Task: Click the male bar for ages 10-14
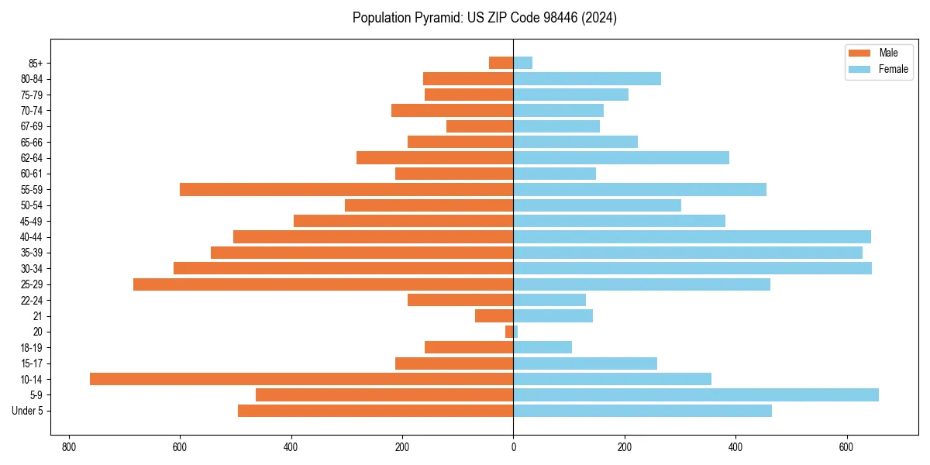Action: (x=301, y=379)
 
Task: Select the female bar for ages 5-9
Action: (x=696, y=394)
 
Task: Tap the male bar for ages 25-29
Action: (x=323, y=284)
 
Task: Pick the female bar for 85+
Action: (x=523, y=63)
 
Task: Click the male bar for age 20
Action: (x=509, y=332)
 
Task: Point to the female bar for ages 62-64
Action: (x=621, y=157)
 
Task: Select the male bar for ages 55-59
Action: (x=346, y=189)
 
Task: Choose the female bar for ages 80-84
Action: (x=587, y=78)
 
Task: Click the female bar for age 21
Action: (x=553, y=315)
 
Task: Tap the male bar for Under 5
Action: (x=375, y=411)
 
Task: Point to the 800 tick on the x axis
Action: (x=69, y=447)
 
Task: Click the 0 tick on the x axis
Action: (x=513, y=447)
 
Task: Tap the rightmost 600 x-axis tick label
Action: (x=846, y=447)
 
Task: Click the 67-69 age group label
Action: (x=32, y=126)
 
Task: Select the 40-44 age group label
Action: (x=32, y=237)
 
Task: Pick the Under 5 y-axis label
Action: (x=28, y=411)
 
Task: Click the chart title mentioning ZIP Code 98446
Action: (x=484, y=18)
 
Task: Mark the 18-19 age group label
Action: (x=32, y=347)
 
